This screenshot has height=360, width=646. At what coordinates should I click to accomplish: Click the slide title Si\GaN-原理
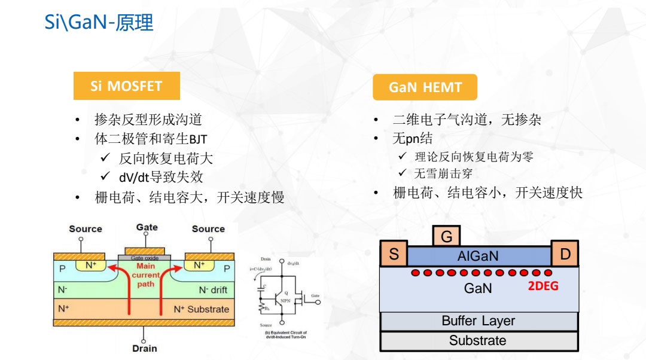99,23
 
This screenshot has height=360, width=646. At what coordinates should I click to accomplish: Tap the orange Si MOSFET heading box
126,86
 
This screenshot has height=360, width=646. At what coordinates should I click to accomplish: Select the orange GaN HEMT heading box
425,87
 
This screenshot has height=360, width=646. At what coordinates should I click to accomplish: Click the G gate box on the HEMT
446,237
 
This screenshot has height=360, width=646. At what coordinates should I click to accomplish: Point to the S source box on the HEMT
394,254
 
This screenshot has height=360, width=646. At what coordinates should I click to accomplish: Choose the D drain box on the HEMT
565,254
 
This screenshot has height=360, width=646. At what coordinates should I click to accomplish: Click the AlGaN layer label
477,257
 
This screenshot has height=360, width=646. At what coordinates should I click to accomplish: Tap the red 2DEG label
543,286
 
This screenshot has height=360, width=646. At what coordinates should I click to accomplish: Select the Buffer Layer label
478,321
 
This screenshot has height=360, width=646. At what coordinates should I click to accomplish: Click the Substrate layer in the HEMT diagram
478,341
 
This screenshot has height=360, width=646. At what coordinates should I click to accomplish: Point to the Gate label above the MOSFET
147,227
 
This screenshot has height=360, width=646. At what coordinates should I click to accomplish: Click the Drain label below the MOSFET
144,348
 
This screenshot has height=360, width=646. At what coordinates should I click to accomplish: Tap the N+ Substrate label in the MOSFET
201,309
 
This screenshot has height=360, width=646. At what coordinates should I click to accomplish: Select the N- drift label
213,290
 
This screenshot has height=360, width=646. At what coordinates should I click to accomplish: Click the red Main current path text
145,275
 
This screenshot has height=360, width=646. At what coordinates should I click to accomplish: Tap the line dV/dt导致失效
161,177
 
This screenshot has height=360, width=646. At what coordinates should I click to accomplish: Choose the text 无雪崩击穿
443,174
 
